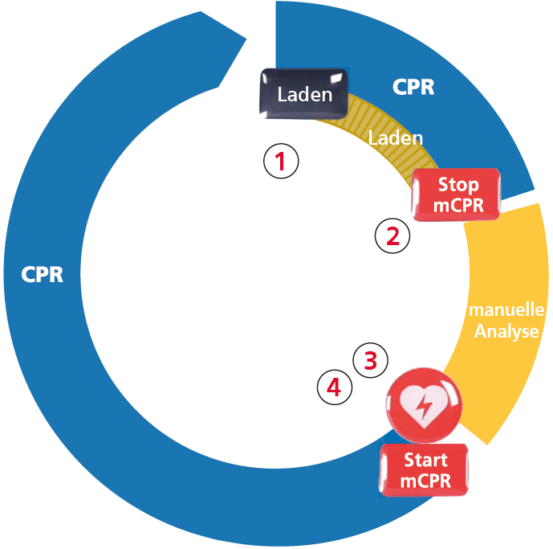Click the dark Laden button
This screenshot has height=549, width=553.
coord(304,94)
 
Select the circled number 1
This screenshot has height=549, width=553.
coord(281,161)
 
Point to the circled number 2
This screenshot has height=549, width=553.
coord(392,236)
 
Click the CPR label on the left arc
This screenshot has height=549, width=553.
coord(43,274)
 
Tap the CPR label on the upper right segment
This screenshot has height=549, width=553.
coord(413,87)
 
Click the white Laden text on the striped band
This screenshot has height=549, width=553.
coord(395,137)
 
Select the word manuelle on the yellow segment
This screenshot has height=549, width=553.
coord(507,310)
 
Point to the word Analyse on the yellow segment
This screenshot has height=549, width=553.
coord(506,331)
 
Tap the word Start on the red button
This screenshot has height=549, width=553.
coord(425,461)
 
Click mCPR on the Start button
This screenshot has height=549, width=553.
coord(425,481)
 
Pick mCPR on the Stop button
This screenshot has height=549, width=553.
coord(458,204)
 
